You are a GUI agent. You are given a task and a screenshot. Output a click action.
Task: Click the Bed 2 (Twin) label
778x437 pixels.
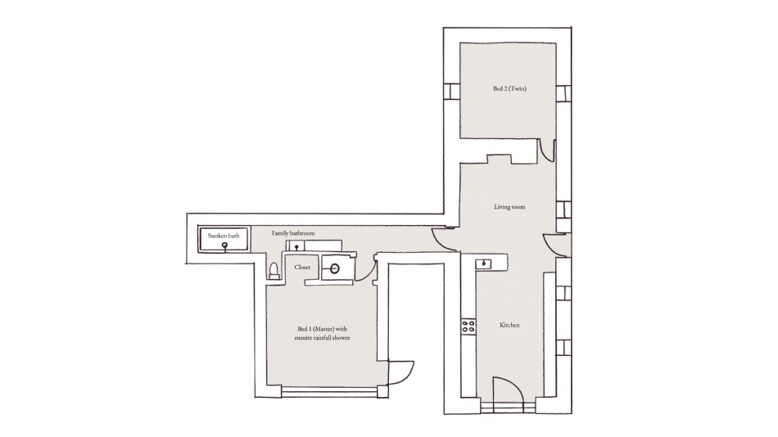(x=509, y=88)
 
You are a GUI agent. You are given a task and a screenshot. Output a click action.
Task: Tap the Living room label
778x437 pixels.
(x=509, y=207)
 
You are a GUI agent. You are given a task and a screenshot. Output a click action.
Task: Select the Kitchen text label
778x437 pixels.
(x=509, y=325)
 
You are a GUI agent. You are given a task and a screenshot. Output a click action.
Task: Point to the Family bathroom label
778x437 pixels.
(x=293, y=233)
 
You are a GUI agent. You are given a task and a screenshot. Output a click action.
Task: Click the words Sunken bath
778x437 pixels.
(x=224, y=236)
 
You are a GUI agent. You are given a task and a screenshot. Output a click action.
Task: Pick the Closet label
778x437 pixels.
(x=302, y=267)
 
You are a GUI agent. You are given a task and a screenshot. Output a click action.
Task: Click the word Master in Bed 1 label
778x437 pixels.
(x=323, y=328)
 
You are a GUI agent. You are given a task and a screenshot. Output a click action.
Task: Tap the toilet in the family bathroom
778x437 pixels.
(x=273, y=270)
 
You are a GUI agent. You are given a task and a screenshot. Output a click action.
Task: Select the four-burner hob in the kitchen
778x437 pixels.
(x=468, y=326)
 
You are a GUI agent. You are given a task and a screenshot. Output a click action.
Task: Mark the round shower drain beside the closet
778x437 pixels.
(x=335, y=269)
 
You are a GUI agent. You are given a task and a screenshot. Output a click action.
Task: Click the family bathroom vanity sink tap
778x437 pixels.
(x=296, y=246)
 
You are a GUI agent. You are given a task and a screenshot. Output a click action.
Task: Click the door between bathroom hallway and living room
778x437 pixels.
(x=443, y=240)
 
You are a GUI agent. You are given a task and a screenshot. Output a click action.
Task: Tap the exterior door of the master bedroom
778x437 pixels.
(x=401, y=372)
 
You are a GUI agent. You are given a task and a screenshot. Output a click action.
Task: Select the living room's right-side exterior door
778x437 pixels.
(x=556, y=245)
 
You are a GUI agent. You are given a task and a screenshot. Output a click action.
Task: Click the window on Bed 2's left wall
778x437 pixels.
(x=451, y=92)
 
